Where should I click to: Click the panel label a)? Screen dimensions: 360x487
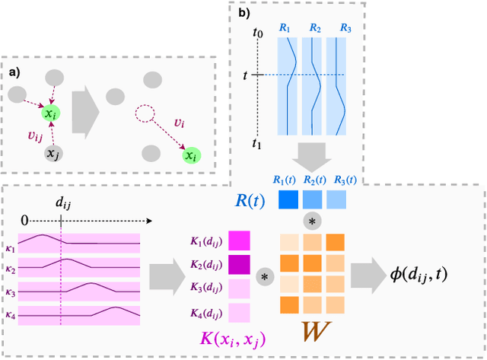click(x=15, y=73)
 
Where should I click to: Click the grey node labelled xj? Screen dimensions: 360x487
click(x=52, y=155)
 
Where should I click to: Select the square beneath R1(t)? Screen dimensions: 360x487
click(x=288, y=200)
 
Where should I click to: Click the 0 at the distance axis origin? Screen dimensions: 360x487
click(x=25, y=219)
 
